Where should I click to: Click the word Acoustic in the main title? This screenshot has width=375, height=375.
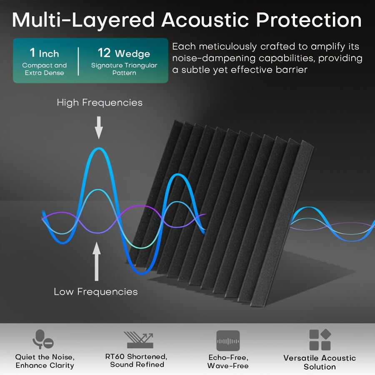point(205,20)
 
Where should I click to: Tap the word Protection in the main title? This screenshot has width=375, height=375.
point(309,20)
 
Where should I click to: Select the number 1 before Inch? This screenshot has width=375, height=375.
point(32,53)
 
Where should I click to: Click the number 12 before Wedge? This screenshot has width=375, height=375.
point(104,53)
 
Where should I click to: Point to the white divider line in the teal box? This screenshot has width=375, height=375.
point(78,62)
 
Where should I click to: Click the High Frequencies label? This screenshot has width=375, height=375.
point(100,102)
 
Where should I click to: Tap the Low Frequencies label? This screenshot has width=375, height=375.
point(96,292)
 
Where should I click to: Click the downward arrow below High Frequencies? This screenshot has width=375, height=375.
point(99,128)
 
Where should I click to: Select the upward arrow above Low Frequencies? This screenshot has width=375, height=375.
point(97,261)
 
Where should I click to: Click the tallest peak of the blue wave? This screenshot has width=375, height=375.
point(99,148)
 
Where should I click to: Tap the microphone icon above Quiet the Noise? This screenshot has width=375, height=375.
point(42,339)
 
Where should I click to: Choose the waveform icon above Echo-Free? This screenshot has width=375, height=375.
point(228,341)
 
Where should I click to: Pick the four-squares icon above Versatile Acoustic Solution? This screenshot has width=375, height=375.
point(320,340)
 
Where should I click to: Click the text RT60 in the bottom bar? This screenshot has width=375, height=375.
point(115,357)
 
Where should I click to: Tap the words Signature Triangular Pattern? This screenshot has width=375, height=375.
point(124,69)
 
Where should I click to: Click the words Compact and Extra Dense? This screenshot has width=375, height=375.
point(45,69)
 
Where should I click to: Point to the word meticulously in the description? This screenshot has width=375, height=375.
point(227,47)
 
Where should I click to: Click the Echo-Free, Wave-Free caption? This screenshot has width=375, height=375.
point(228,361)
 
